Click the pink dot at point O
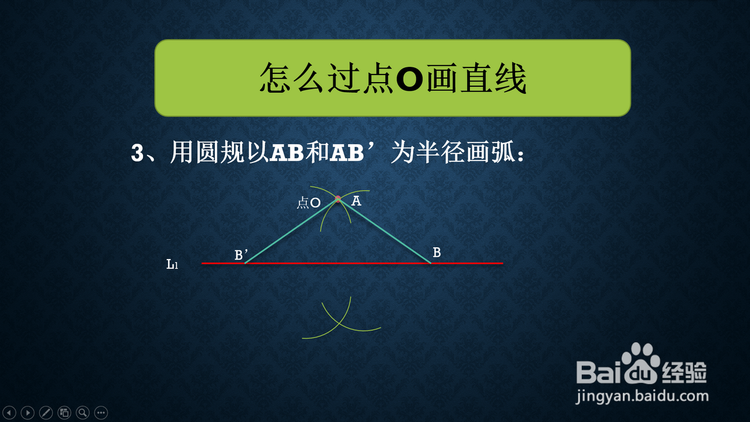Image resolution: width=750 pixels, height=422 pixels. [338, 199]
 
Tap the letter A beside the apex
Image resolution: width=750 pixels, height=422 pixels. [356, 201]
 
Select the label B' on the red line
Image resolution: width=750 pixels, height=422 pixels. [241, 254]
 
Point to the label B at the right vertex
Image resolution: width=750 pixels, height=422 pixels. [437, 252]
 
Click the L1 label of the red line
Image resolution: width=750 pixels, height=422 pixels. [172, 264]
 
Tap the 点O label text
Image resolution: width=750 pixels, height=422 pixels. [309, 203]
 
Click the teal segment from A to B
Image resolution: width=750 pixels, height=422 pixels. [384, 232]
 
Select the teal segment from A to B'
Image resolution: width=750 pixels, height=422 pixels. [291, 232]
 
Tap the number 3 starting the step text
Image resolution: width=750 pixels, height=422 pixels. [137, 153]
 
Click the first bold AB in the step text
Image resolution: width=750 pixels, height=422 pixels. [287, 153]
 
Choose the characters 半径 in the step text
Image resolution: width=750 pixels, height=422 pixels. [441, 152]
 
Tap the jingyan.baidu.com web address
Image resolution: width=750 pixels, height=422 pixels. [642, 397]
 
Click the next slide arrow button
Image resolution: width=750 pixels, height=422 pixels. [28, 413]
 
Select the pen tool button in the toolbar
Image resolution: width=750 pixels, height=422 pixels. [46, 413]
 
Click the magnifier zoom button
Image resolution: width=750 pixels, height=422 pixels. [83, 413]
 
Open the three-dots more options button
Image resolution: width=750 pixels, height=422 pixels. [101, 413]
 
